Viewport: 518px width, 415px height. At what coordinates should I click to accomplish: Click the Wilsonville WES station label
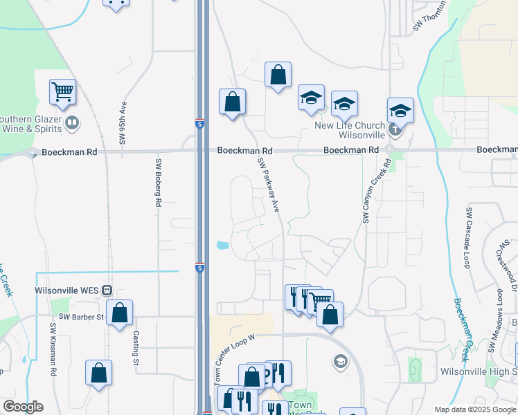(66, 290)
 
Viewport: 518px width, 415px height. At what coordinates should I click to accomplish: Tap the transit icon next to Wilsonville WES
(107, 290)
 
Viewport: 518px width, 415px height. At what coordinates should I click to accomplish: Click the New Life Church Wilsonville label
(350, 130)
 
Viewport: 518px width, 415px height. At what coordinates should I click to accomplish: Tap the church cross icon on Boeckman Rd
(395, 129)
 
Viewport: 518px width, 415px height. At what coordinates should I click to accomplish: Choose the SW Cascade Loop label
(469, 239)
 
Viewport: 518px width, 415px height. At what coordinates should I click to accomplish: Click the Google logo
(23, 407)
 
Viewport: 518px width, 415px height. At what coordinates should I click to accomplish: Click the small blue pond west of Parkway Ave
(222, 245)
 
